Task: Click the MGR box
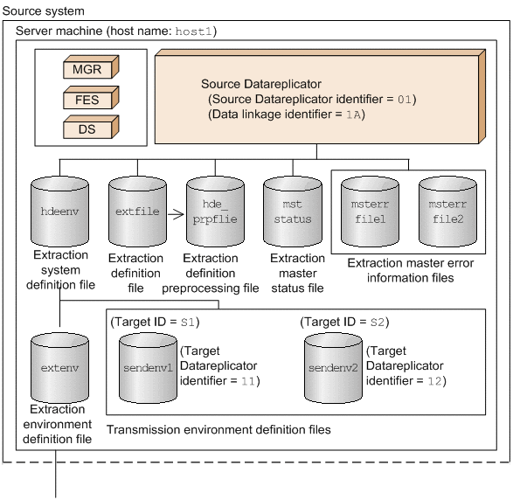[88, 68]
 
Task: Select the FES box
[88, 99]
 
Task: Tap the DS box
[88, 129]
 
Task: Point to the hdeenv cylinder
[59, 212]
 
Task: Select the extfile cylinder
[137, 212]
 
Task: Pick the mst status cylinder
[292, 212]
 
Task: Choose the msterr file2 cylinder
[448, 212]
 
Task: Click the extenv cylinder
[59, 368]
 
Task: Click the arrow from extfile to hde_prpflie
[176, 210]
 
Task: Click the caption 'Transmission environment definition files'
[218, 429]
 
